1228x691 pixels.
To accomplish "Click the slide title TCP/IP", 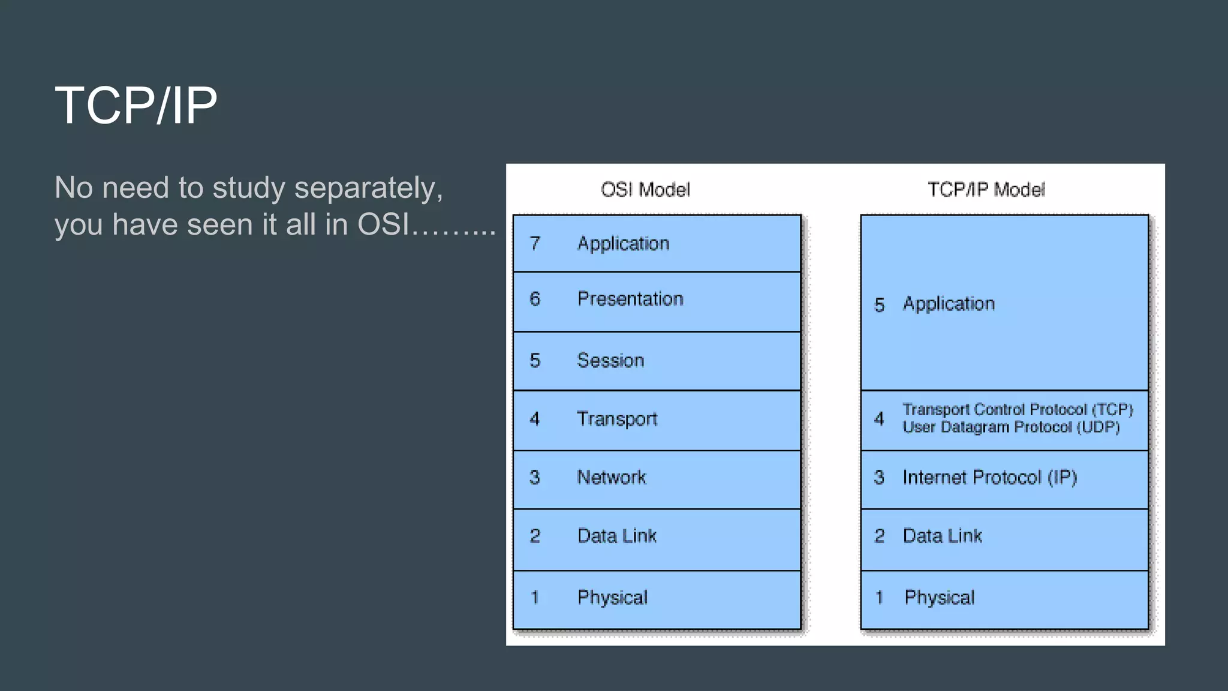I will point(136,106).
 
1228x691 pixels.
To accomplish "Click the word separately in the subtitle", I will point(368,188).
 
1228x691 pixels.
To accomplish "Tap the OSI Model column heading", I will point(645,190).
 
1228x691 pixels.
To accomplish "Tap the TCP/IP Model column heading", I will point(986,190).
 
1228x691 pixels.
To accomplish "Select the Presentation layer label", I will point(630,299).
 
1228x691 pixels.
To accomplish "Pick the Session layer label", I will point(610,360).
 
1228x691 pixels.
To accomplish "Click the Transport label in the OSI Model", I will point(617,419).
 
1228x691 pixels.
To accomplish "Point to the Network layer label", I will point(612,477).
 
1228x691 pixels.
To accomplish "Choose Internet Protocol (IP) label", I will point(990,477).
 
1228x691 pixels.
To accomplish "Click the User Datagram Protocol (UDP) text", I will point(1012,427).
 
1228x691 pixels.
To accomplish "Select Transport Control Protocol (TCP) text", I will point(1018,410).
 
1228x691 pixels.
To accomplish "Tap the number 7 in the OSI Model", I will point(535,244).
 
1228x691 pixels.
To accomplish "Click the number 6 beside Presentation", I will point(535,299).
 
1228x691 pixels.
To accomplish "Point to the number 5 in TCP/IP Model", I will point(879,305).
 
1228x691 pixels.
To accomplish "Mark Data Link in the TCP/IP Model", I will point(943,536).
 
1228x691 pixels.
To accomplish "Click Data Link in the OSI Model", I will point(617,536).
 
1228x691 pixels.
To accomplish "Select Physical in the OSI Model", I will point(612,597).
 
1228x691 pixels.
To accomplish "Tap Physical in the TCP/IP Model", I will point(940,597).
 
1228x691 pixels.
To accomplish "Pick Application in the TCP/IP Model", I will point(949,304).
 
